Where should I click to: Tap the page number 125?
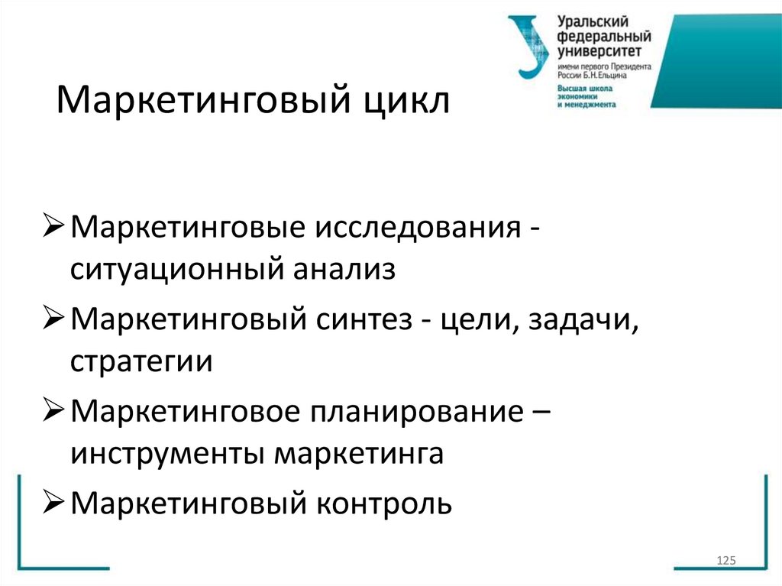tap(725, 562)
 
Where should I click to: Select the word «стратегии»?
tap(141, 361)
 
